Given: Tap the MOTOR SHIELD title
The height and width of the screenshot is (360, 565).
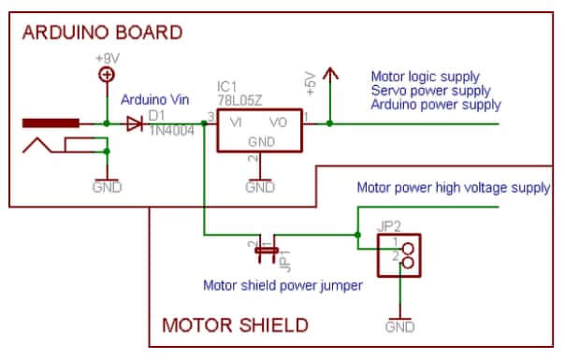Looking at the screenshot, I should [235, 325].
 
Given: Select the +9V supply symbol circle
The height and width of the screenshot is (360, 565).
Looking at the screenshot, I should [109, 77].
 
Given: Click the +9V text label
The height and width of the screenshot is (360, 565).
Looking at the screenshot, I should [109, 59].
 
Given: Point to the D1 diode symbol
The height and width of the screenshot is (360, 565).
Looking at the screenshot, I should [135, 123].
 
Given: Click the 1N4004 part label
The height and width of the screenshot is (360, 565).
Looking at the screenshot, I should [170, 132].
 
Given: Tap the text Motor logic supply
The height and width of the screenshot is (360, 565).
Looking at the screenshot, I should [426, 77].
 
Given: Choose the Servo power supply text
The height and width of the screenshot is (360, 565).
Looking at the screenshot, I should [431, 91].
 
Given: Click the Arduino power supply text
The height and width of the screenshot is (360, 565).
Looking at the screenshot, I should [436, 105].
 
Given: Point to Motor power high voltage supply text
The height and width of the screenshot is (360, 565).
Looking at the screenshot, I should [453, 188].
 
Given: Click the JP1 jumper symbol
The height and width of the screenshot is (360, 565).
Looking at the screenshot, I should [268, 250].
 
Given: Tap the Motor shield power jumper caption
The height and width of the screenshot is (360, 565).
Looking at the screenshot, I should [282, 285].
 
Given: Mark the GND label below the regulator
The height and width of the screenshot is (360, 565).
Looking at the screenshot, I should [259, 187].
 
